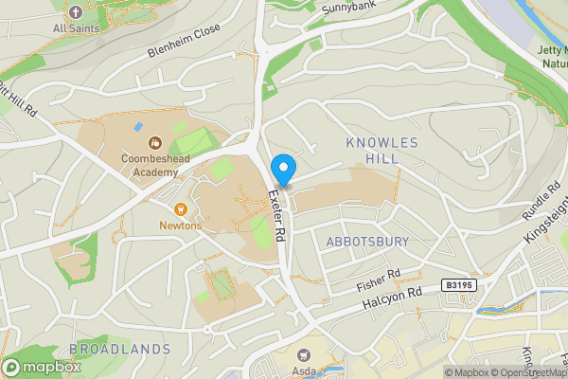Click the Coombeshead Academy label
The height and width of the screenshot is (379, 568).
[150, 166]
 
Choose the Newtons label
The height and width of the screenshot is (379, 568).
[180, 226]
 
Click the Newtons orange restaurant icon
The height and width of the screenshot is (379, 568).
[180, 208]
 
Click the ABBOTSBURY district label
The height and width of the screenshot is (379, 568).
[367, 242]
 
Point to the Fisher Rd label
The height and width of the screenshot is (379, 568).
[379, 278]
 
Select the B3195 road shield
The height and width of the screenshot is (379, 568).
[458, 285]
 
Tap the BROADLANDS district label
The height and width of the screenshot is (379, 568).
[120, 349]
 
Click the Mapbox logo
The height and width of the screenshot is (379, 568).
[41, 367]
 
